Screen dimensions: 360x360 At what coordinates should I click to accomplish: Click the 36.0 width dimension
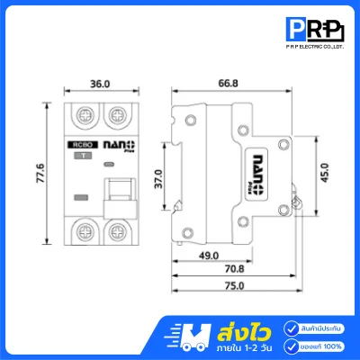coord(100,83)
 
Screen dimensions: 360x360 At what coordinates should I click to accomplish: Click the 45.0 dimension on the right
coord(325,172)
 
